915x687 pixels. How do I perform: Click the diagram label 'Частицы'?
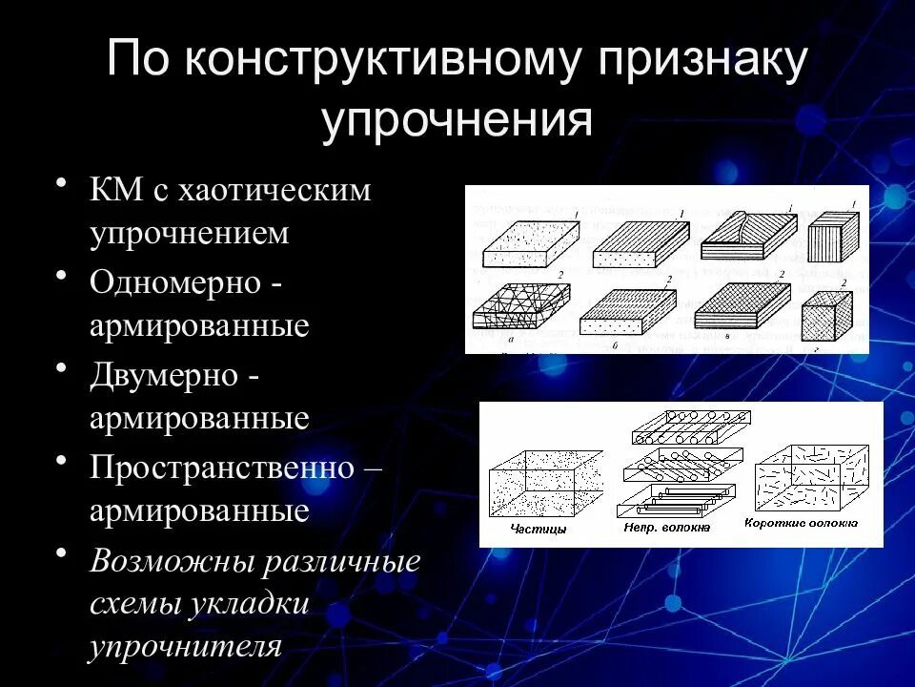point(538,527)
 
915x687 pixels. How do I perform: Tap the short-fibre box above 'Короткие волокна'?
point(810,476)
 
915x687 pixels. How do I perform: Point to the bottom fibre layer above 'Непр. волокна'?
point(676,498)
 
